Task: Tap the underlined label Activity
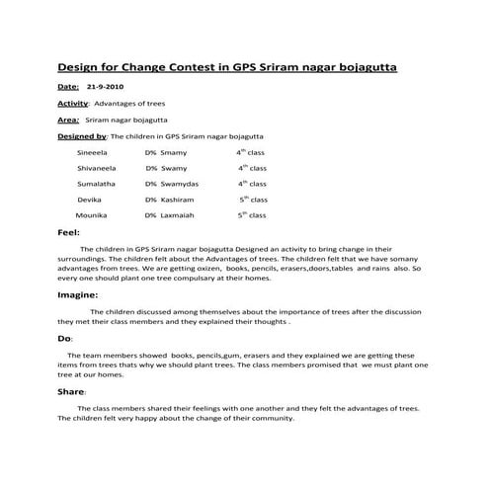(73, 103)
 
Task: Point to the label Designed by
(81, 135)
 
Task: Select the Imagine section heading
(77, 294)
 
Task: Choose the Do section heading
(64, 338)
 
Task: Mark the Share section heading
(71, 391)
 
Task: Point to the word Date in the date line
(68, 87)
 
